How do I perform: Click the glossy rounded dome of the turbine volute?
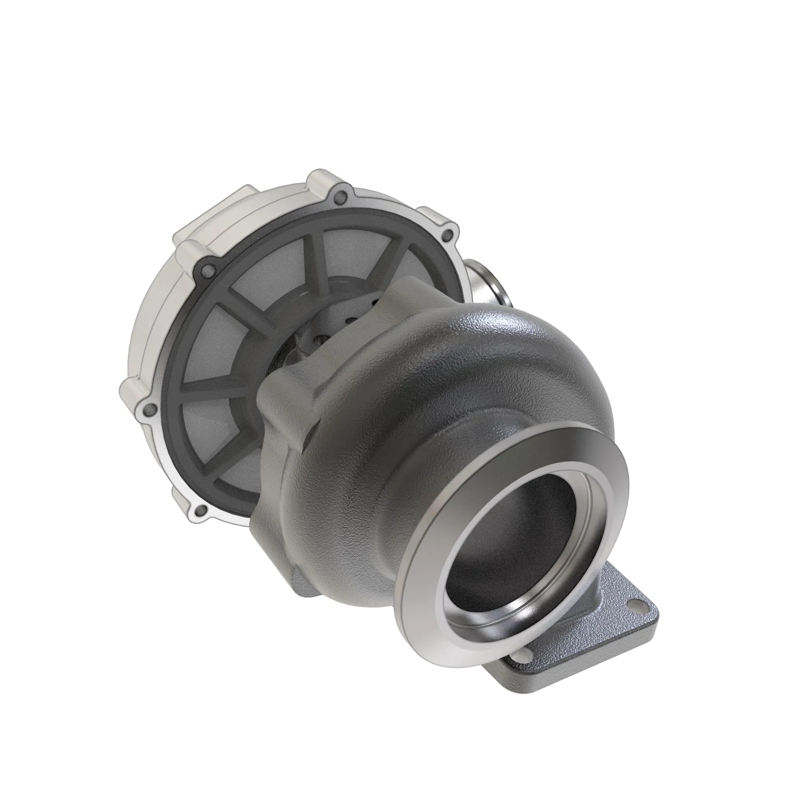523,356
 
